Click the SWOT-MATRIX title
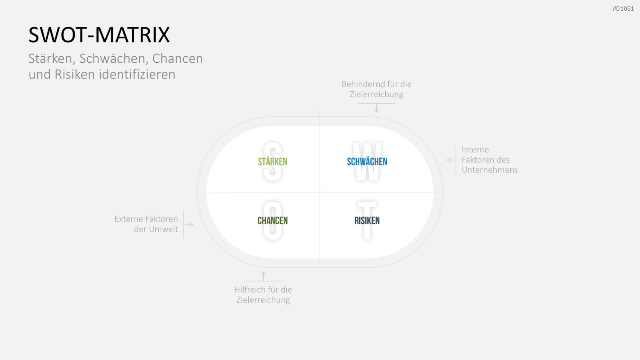click(99, 35)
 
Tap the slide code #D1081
click(623, 9)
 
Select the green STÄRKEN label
click(273, 161)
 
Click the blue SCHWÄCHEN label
click(367, 161)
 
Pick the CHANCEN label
click(273, 221)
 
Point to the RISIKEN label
click(367, 221)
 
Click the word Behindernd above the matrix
click(361, 84)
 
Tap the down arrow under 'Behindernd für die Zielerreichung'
click(377, 108)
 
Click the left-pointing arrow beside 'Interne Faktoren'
click(451, 160)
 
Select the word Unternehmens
click(490, 170)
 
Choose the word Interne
click(475, 150)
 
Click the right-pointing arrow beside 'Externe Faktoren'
click(188, 224)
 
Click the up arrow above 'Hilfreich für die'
click(263, 276)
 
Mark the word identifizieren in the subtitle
click(137, 74)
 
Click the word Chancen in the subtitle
click(177, 58)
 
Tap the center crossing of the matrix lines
click(320, 192)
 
